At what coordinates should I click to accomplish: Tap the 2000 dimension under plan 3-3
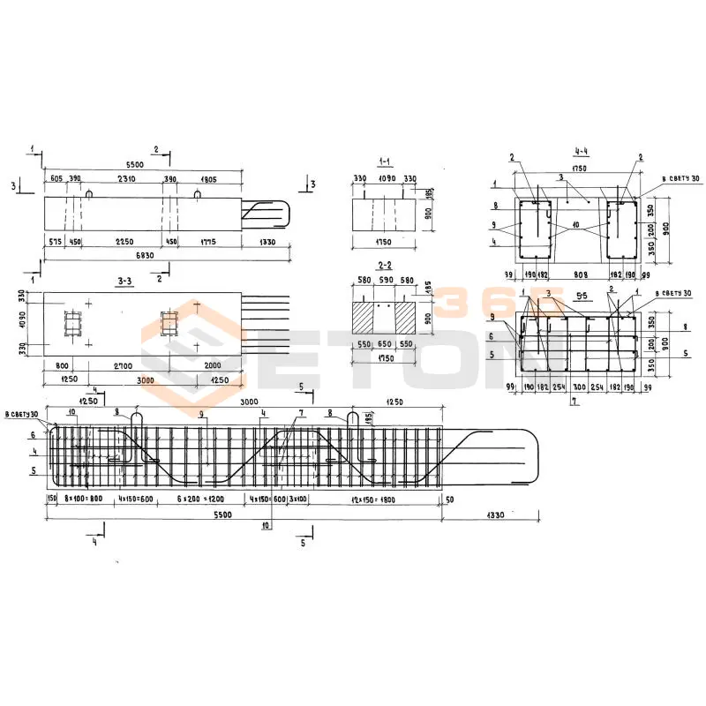[212, 364]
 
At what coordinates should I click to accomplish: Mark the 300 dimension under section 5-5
[579, 387]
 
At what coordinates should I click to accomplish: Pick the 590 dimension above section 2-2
[383, 282]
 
